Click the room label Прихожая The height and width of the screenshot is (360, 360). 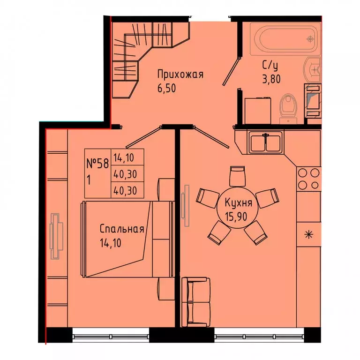click(x=180, y=75)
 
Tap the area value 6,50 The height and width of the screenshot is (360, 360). click(x=167, y=88)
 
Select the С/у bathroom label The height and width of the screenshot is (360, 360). click(x=270, y=66)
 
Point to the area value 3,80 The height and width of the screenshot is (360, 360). click(x=271, y=79)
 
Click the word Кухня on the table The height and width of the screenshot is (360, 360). click(x=238, y=203)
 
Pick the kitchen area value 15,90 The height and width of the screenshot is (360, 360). click(x=236, y=216)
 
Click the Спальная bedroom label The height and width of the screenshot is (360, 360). click(x=122, y=229)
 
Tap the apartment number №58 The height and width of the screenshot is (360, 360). click(x=97, y=164)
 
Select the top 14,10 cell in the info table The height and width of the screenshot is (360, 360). click(x=124, y=157)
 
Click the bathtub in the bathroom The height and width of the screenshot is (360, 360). click(x=285, y=39)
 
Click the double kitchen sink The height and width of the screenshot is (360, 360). click(x=265, y=142)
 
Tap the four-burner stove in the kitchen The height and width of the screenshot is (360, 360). click(x=308, y=179)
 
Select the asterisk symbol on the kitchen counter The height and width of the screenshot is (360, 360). click(x=309, y=235)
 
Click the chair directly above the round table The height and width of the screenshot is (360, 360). click(x=237, y=176)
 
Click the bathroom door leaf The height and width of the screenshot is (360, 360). click(x=231, y=71)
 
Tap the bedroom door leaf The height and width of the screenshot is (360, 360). click(x=142, y=137)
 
